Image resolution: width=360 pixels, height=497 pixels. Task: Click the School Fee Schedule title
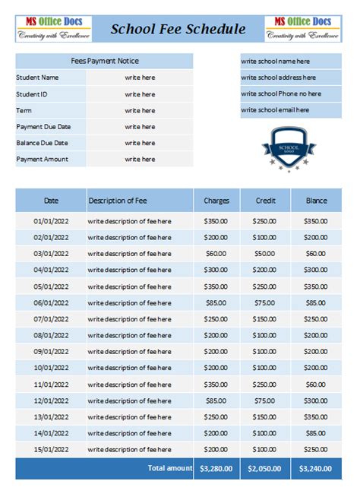pyautogui.click(x=178, y=30)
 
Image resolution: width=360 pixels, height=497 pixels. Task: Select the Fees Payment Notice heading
pyautogui.click(x=104, y=61)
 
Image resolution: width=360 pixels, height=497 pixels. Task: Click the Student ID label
pyautogui.click(x=32, y=94)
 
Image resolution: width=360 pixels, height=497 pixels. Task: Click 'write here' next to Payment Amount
pyautogui.click(x=140, y=159)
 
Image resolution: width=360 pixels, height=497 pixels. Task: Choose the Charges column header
pyautogui.click(x=216, y=201)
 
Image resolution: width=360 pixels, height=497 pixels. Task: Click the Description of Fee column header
pyautogui.click(x=118, y=201)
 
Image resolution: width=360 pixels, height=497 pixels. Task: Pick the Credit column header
pyautogui.click(x=265, y=201)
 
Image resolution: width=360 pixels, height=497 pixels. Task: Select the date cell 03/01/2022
pyautogui.click(x=51, y=254)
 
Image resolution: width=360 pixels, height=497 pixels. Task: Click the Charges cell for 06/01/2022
pyautogui.click(x=216, y=302)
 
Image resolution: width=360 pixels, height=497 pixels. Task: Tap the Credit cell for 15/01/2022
pyautogui.click(x=265, y=449)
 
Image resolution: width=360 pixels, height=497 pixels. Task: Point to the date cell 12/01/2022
pyautogui.click(x=51, y=400)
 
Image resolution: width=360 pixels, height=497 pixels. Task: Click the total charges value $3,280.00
pyautogui.click(x=216, y=469)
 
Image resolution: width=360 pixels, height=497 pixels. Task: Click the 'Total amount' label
pyautogui.click(x=170, y=469)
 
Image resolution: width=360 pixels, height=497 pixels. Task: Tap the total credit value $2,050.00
pyautogui.click(x=265, y=469)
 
